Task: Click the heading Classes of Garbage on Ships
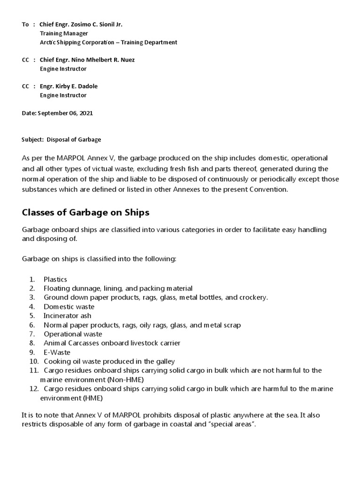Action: pyautogui.click(x=85, y=212)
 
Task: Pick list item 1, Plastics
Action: pyautogui.click(x=55, y=280)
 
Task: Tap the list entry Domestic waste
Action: pyautogui.click(x=69, y=306)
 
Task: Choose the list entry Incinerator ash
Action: pyautogui.click(x=67, y=315)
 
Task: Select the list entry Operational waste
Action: pyautogui.click(x=73, y=333)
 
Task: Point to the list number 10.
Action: pyautogui.click(x=33, y=361)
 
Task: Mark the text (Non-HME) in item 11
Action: pyautogui.click(x=125, y=379)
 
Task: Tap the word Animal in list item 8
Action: pyautogui.click(x=54, y=343)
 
